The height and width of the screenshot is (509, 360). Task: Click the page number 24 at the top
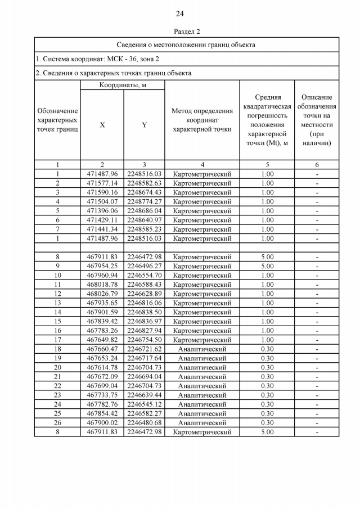click(179, 13)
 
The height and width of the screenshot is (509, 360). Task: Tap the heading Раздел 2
click(179, 31)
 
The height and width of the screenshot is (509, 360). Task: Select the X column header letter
click(102, 125)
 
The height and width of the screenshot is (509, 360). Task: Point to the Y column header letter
click(144, 125)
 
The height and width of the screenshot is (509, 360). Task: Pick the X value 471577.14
click(102, 183)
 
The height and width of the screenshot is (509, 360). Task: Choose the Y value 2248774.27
click(144, 201)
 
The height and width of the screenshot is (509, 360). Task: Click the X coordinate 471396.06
click(102, 211)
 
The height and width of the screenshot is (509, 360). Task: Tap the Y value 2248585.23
click(144, 229)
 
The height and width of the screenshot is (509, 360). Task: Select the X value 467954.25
click(102, 266)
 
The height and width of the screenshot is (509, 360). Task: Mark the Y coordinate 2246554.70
click(144, 276)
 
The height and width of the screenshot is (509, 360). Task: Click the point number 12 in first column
click(57, 294)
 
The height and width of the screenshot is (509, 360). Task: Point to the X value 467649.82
click(102, 340)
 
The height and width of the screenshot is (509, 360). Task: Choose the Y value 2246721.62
click(144, 349)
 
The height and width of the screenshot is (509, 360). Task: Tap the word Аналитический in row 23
click(202, 395)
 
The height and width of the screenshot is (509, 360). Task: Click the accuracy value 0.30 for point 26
click(268, 423)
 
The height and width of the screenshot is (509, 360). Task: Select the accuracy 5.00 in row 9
click(268, 266)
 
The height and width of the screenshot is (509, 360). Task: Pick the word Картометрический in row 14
click(202, 312)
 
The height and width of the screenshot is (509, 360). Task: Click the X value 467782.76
click(102, 404)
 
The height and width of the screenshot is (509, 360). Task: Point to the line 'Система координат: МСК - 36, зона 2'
click(97, 58)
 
